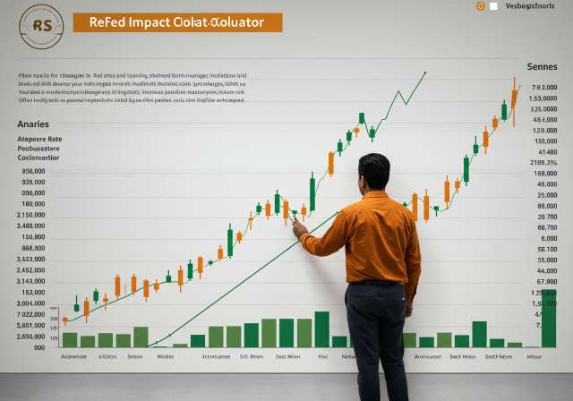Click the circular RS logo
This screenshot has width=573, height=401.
41,26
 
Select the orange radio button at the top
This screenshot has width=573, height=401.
481,5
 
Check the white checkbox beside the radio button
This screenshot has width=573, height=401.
494,6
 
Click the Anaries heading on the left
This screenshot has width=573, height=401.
34,124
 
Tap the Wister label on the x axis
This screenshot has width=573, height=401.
166,355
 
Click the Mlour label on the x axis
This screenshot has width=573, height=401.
535,355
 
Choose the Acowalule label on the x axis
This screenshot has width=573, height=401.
73,355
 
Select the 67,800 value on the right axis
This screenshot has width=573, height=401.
546,227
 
